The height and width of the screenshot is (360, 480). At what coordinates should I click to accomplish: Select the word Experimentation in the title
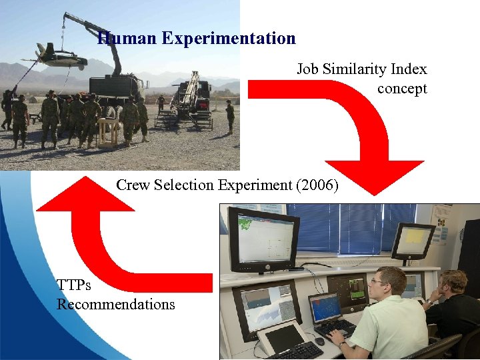[229, 39]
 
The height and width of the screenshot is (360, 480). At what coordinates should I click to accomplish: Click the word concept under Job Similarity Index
[401, 89]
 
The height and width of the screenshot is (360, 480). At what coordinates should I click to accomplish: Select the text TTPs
[74, 285]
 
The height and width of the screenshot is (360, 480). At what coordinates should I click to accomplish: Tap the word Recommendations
[115, 305]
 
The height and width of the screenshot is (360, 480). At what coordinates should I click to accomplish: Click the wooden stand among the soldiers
[108, 131]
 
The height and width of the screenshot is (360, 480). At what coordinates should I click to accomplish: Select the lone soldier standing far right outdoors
[230, 116]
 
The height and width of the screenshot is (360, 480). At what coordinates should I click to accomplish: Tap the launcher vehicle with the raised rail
[190, 100]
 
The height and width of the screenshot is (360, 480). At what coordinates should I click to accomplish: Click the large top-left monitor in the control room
[263, 238]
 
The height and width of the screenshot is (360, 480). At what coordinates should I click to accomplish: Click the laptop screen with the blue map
[325, 308]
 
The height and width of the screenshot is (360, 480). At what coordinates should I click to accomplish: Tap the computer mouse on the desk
[320, 341]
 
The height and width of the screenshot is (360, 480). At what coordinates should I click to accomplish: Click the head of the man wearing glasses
[390, 283]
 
